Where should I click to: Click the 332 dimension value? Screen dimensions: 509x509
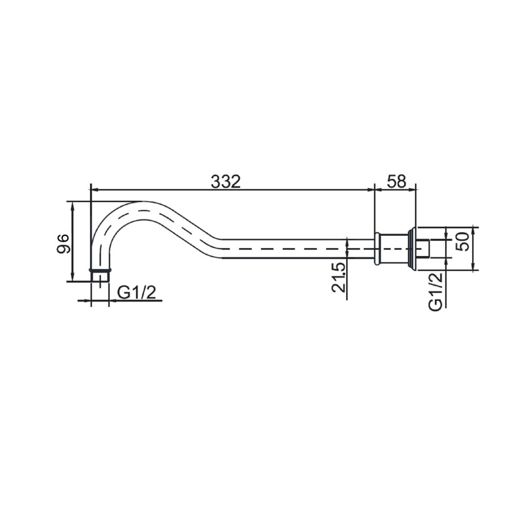226,182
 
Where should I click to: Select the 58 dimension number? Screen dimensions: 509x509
396,182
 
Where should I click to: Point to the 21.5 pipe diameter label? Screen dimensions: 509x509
339,278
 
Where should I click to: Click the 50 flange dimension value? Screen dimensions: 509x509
463,241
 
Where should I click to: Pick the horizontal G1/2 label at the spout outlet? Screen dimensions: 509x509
137,293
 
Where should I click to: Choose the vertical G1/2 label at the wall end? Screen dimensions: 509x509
435,292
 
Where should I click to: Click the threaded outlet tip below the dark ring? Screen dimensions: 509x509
100,277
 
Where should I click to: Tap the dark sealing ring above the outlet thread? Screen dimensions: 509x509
100,270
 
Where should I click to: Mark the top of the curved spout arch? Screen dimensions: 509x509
143,202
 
